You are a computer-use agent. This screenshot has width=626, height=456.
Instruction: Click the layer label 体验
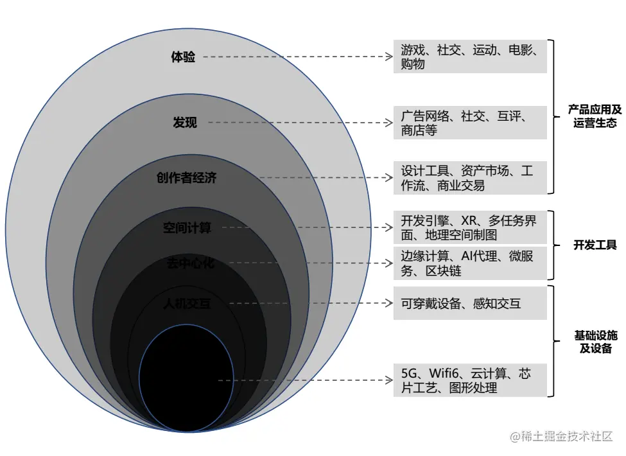[183, 57]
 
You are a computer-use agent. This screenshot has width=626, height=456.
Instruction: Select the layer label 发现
[185, 122]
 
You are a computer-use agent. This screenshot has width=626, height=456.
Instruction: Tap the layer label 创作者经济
[187, 178]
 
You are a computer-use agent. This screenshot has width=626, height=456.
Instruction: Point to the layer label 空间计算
[187, 228]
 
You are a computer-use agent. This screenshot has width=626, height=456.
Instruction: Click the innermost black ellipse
[182, 379]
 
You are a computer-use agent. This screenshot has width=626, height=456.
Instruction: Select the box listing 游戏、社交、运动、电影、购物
[470, 57]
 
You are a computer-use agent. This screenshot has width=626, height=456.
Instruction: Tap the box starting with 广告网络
[470, 123]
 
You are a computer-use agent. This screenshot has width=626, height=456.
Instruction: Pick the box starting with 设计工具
[470, 178]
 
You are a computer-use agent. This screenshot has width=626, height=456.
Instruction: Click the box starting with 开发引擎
[470, 227]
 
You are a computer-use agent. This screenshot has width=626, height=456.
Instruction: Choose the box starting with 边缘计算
[470, 263]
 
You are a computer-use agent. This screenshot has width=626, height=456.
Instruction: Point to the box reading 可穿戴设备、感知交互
[470, 304]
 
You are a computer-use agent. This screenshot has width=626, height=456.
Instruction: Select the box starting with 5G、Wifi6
[470, 380]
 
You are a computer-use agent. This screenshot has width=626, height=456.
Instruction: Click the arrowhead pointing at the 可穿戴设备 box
[388, 304]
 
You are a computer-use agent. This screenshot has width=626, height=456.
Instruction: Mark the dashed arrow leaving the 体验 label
[295, 57]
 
